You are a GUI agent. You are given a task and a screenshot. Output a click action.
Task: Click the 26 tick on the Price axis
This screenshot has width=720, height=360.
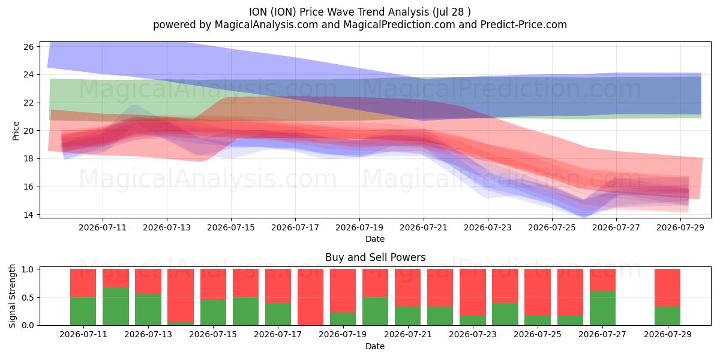coord(28,47)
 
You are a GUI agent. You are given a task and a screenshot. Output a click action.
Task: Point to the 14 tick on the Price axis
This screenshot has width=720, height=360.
coord(28,215)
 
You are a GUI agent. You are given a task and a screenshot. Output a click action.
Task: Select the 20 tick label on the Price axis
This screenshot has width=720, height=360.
coord(28,131)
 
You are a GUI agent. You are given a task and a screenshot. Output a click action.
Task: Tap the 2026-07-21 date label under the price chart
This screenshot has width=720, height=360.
coord(424,227)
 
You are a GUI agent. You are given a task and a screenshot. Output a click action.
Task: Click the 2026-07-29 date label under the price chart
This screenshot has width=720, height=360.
coord(680,227)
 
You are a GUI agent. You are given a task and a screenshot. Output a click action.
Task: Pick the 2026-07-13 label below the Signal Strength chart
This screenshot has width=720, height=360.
coord(148,334)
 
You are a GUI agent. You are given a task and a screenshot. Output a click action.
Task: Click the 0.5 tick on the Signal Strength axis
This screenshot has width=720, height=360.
coord(28,298)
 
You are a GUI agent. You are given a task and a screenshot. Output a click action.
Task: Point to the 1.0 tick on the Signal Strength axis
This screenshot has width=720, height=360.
coord(28,269)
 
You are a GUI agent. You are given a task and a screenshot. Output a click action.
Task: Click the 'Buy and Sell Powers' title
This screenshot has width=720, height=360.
coord(375,257)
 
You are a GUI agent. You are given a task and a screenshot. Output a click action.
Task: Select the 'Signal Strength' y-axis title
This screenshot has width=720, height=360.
coord(12,296)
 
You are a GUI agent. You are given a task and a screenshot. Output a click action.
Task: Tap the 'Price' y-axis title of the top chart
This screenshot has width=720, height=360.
coord(16,131)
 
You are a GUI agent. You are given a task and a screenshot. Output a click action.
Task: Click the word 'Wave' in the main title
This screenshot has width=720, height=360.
coord(341,12)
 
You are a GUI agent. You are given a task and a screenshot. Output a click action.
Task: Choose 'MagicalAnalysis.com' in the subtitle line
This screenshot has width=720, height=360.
coord(266,25)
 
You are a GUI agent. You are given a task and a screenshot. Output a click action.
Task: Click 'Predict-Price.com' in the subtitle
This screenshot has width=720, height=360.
coord(524,25)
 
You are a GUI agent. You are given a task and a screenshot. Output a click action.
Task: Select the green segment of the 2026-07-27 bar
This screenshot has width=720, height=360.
coord(602,308)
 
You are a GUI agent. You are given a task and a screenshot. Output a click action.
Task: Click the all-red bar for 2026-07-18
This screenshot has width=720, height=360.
coord(311,297)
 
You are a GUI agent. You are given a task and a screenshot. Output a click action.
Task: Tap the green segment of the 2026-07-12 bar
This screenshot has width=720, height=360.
coord(116,307)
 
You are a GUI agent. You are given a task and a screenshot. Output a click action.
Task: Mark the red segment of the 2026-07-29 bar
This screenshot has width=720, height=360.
coord(667,288)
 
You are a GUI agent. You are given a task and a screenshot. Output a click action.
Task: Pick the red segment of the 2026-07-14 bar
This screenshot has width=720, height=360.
coord(181,296)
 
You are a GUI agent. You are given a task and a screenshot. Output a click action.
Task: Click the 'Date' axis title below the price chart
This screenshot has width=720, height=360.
coord(375,239)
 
